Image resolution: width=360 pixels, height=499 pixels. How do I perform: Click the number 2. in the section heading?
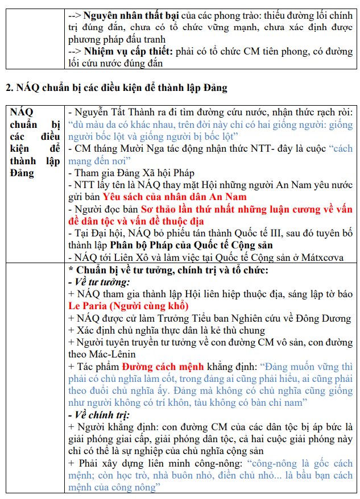pyautogui.click(x=10, y=88)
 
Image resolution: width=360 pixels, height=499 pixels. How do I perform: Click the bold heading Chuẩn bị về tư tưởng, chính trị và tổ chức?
pyautogui.click(x=174, y=270)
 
